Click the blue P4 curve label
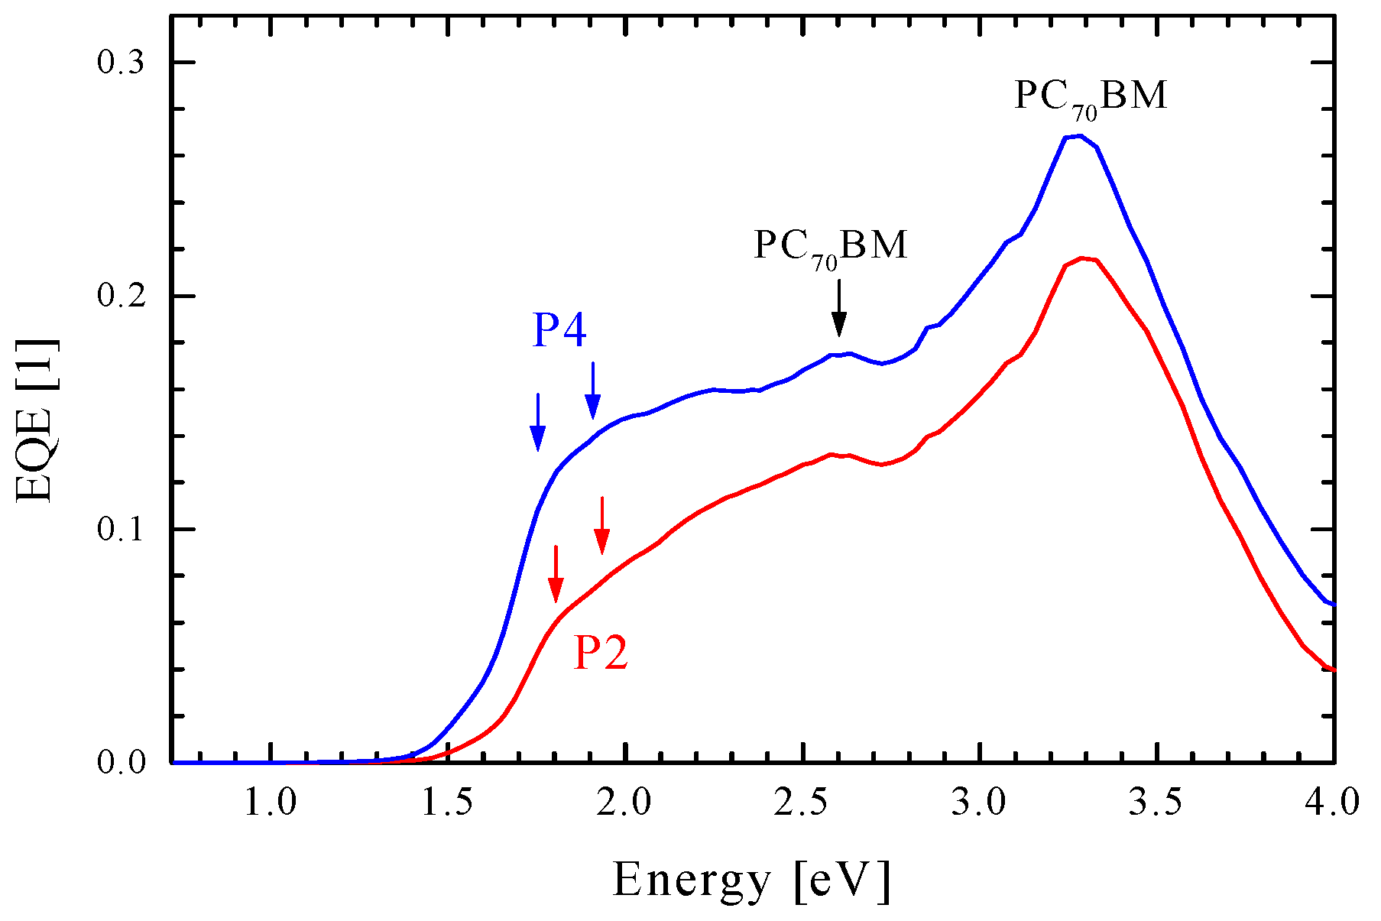pos(559,332)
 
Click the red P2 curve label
pos(601,654)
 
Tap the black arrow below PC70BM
pos(839,308)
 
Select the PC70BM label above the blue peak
pos(1091,97)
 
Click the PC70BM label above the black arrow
pos(831,247)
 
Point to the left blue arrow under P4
pos(538,423)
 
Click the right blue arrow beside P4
pos(593,391)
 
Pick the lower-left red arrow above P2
pos(556,574)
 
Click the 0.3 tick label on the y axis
pos(121,63)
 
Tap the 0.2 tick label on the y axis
pos(121,297)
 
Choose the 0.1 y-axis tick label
pos(121,530)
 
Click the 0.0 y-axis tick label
pos(121,763)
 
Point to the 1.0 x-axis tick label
pos(271,803)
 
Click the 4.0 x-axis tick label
pos(1334,803)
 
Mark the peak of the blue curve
pos(1078,136)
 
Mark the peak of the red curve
pos(1082,258)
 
